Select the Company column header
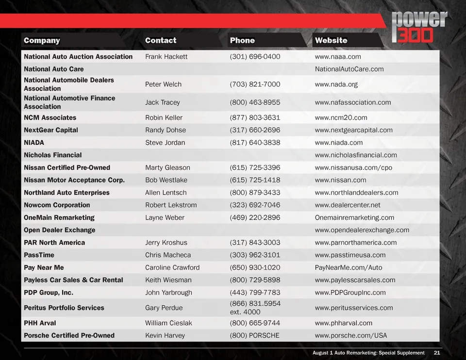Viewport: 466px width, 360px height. pos(42,40)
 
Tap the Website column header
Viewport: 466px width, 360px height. pos(331,40)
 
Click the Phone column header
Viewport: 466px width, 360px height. pos(242,40)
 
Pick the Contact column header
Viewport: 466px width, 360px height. pos(161,40)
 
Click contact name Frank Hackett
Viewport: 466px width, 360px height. pos(166,57)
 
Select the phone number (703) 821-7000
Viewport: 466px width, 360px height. pos(255,84)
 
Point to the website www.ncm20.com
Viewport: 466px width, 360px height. pos(341,117)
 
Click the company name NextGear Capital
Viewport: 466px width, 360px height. pos(51,130)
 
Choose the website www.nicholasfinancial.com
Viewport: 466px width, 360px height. pos(356,155)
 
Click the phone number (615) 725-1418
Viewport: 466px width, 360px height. pos(255,180)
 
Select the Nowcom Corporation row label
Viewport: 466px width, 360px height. pos(57,205)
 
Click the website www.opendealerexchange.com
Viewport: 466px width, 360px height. pos(362,230)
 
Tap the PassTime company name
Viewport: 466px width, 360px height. pos(39,255)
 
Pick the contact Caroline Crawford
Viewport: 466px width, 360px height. pos(172,268)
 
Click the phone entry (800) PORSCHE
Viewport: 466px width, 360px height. pos(254,336)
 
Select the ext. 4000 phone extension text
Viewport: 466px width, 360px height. pos(245,312)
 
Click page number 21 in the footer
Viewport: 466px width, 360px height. pos(437,353)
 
